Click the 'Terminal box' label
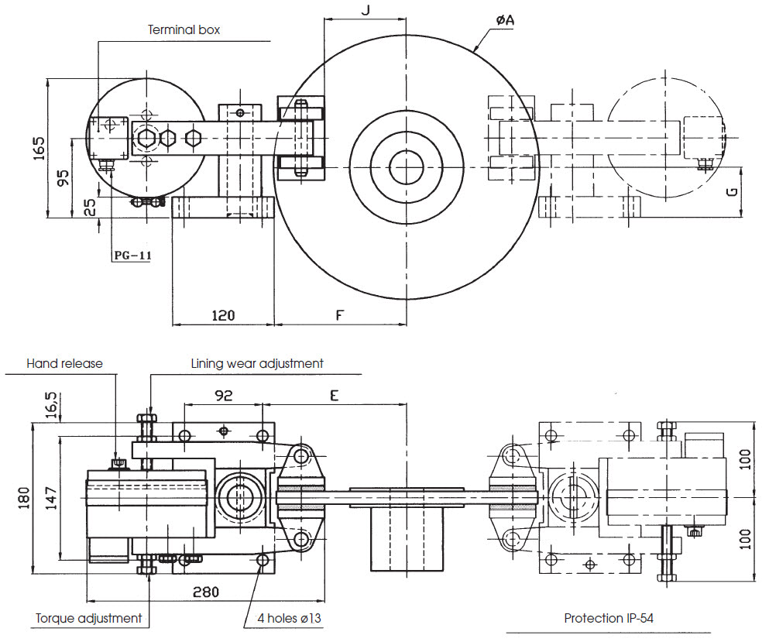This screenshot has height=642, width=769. (x=184, y=30)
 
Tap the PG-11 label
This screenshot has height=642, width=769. (x=133, y=256)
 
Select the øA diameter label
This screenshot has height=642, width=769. (x=505, y=20)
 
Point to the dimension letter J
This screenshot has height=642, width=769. (x=366, y=9)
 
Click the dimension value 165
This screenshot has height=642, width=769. (x=39, y=148)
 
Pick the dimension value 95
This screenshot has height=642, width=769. (x=64, y=178)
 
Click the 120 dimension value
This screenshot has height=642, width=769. (x=223, y=315)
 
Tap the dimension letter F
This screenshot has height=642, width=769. (x=339, y=315)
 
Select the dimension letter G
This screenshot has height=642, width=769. (x=732, y=191)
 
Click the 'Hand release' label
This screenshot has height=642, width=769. (x=64, y=364)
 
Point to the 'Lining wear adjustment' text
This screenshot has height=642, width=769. (x=257, y=364)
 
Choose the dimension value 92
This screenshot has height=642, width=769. (x=224, y=396)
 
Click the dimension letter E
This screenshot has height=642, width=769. (x=334, y=395)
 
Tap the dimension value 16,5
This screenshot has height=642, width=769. (x=51, y=404)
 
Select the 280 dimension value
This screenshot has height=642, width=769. (x=206, y=592)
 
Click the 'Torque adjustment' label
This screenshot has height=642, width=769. (x=89, y=619)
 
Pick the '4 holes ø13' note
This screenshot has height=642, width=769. (x=290, y=619)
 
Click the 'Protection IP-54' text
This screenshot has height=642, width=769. (x=609, y=619)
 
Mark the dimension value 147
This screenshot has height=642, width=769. (x=51, y=498)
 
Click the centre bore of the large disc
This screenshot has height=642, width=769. (x=406, y=167)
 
